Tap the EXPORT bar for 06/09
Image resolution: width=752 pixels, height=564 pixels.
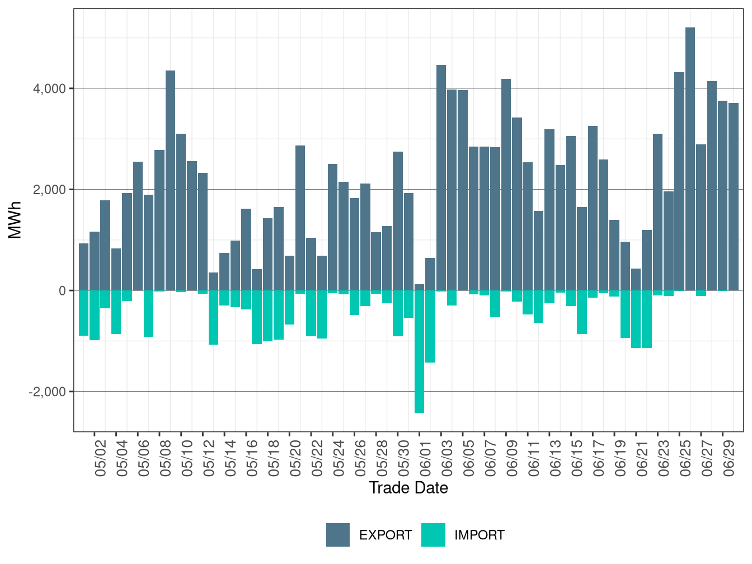pos(506,185)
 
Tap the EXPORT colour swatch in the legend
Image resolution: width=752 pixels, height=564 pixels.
pos(338,535)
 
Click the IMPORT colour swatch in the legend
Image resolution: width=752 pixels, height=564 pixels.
pos(433,535)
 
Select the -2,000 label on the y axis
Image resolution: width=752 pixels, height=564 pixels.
pos(48,392)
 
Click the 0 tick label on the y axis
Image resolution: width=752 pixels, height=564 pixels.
pos(62,291)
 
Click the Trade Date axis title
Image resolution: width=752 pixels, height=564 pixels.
pos(408,488)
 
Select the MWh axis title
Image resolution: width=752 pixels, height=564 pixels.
pos(16,220)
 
